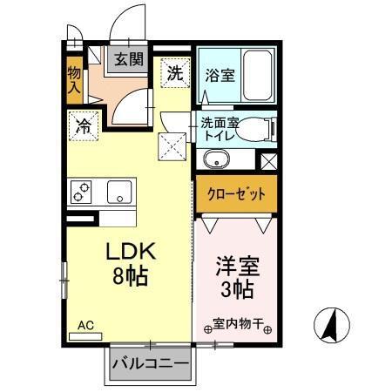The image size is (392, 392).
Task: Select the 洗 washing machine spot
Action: pos(175,73)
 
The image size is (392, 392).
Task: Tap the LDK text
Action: pos(130,253)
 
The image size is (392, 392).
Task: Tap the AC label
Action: pos(85,326)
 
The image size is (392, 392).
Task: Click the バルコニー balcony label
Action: pos(149,363)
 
